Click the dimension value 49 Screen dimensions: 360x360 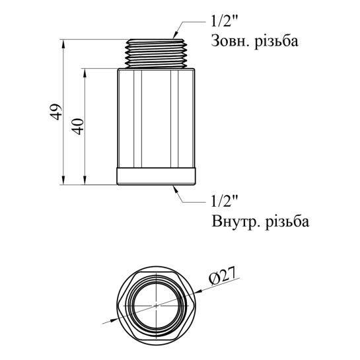55,112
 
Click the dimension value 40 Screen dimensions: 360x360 77,126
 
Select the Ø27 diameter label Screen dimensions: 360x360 222,275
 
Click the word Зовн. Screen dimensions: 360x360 231,42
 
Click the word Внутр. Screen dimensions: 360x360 236,221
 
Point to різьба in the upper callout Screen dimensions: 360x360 276,41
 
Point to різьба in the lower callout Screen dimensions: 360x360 287,221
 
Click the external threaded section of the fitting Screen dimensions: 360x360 156,54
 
